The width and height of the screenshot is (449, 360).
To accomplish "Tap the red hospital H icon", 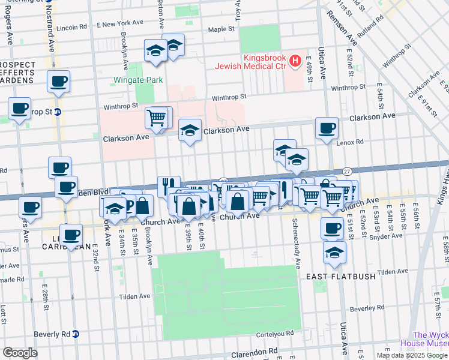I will (x=295, y=60).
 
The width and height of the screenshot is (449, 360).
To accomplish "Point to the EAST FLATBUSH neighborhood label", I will (x=341, y=277).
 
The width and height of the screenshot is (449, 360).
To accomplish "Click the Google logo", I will (x=20, y=352).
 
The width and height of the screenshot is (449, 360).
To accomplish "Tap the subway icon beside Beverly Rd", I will (x=76, y=334).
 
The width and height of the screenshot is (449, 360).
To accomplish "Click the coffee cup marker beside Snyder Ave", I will (x=332, y=228).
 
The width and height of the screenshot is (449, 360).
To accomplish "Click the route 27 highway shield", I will (x=346, y=172).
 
